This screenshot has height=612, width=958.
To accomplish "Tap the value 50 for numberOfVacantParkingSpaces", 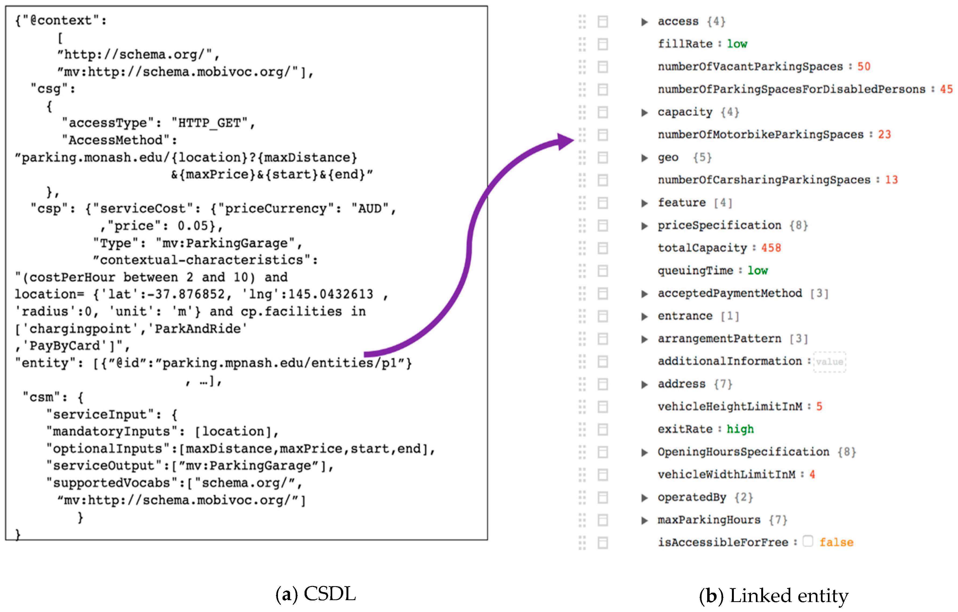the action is [x=863, y=66].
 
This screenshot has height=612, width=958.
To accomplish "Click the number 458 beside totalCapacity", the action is [x=771, y=248].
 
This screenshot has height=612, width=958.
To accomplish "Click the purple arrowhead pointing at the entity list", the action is [x=565, y=141].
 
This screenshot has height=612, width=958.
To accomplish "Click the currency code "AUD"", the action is [x=370, y=208].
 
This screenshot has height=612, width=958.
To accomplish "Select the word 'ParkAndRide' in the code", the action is [x=201, y=329].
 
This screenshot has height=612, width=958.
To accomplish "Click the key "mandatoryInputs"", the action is [x=114, y=431].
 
